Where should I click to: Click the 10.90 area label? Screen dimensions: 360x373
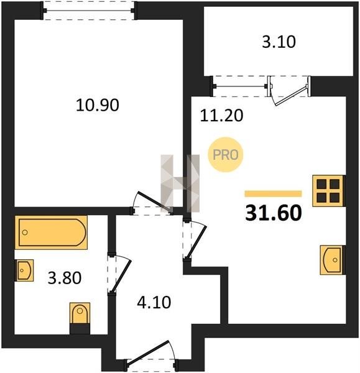click(98, 106)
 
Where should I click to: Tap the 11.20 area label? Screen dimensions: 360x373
click(221, 116)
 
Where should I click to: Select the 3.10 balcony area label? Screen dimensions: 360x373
click(279, 42)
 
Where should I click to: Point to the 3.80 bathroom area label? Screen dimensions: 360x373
click(65, 278)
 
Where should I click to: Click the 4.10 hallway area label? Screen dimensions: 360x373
click(154, 303)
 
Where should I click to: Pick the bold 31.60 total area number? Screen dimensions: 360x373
click(274, 213)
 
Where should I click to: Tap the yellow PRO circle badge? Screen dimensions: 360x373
click(226, 155)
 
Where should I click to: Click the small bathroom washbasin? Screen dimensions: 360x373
click(24, 270)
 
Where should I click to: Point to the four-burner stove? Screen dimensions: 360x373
click(328, 191)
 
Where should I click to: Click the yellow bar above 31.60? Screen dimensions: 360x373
click(273, 193)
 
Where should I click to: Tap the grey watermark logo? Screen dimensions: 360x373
click(180, 183)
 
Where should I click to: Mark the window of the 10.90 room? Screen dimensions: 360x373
click(88, 11)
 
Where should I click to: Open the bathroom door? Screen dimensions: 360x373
click(119, 274)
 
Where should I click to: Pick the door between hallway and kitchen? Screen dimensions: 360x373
click(194, 240)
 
